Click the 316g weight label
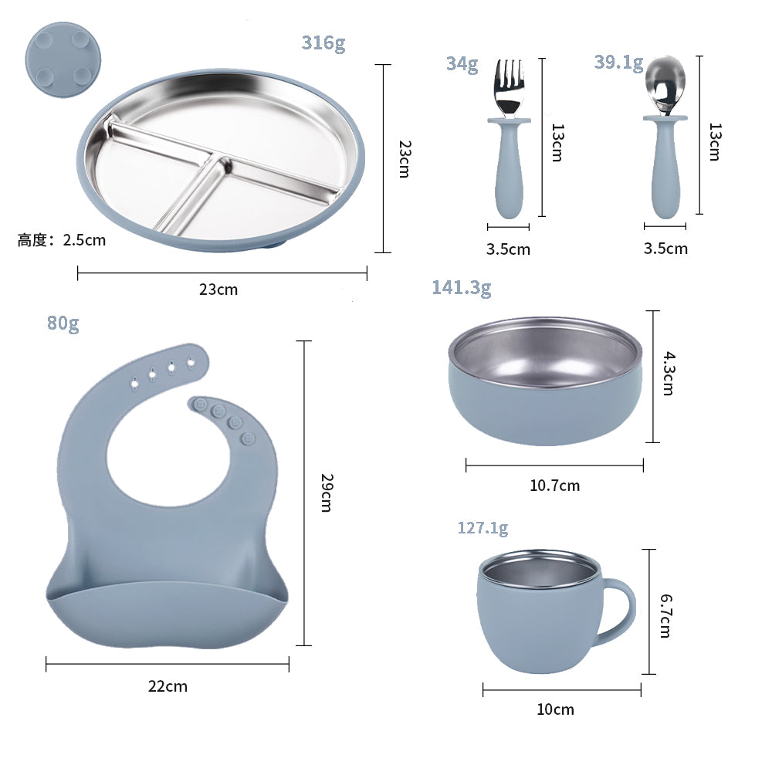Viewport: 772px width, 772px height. (x=323, y=42)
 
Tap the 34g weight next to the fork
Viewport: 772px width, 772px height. (x=462, y=64)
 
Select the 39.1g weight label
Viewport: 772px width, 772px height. (x=618, y=63)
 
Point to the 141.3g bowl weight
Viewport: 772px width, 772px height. (x=461, y=288)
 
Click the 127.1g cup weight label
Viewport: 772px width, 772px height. (x=482, y=528)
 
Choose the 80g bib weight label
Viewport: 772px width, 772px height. (x=63, y=323)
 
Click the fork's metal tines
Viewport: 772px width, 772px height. (x=507, y=85)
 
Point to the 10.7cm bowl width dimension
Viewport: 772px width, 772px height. (x=554, y=486)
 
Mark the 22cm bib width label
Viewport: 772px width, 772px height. (x=168, y=686)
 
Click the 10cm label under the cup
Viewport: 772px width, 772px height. (x=555, y=709)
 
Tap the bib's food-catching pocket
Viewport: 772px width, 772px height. (x=166, y=614)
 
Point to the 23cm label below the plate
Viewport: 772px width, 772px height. (x=218, y=290)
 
